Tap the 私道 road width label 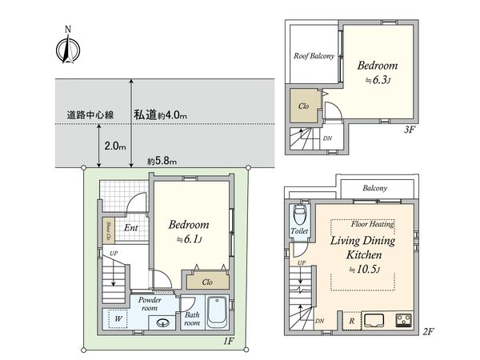160,115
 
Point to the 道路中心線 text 90,115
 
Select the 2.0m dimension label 115,146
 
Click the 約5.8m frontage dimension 162,162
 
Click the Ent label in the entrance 129,228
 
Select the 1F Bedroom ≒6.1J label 189,232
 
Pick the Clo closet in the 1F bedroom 206,281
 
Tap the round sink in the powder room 162,323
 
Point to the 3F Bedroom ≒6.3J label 376,72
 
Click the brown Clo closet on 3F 303,106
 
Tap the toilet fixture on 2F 300,214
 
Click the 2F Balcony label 374,188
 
